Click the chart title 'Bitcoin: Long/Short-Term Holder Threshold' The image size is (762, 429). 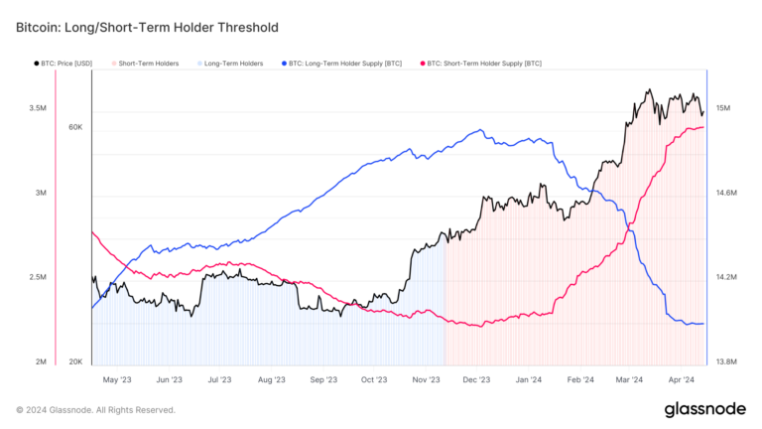pos(147,27)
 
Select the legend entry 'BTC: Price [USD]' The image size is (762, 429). pos(64,64)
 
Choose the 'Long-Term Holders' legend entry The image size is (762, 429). pos(233,64)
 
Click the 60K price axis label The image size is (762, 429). pos(75,127)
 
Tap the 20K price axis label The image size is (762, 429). pos(75,361)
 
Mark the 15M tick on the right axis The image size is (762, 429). pos(723,107)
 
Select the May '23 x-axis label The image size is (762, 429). pos(117,379)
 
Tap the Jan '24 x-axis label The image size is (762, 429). pos(529,379)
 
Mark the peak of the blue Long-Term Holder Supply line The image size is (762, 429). pos(480,130)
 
